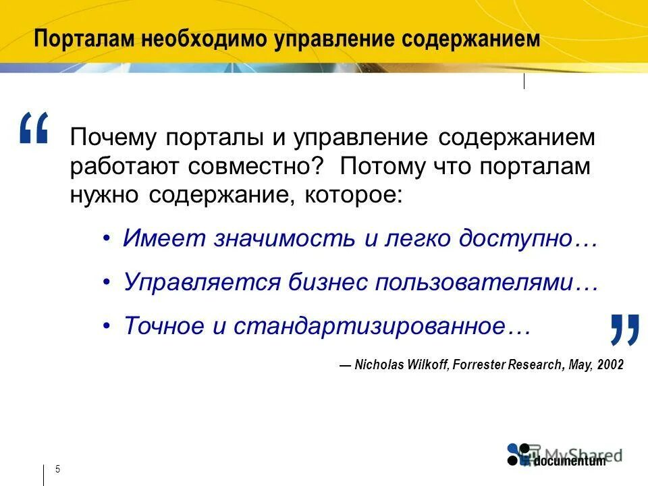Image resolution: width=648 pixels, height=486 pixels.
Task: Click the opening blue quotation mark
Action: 34,128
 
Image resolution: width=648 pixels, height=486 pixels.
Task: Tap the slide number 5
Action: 57,469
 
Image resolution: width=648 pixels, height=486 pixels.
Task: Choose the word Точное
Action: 163,326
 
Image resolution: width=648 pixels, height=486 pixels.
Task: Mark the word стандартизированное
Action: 370,326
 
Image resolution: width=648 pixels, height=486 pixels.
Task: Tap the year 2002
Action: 610,364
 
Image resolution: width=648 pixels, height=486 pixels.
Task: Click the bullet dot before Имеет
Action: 107,240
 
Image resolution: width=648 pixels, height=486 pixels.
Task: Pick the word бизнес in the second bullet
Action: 327,282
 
